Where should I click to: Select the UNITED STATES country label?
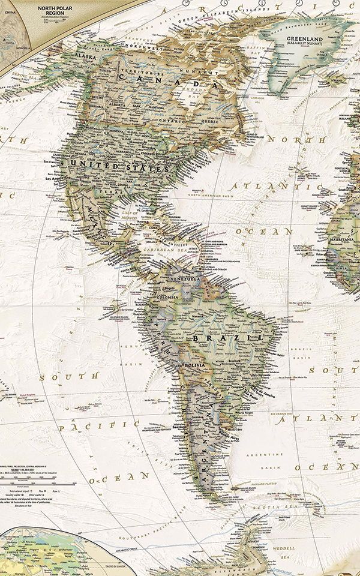point(119,166)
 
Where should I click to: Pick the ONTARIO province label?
point(174,121)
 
